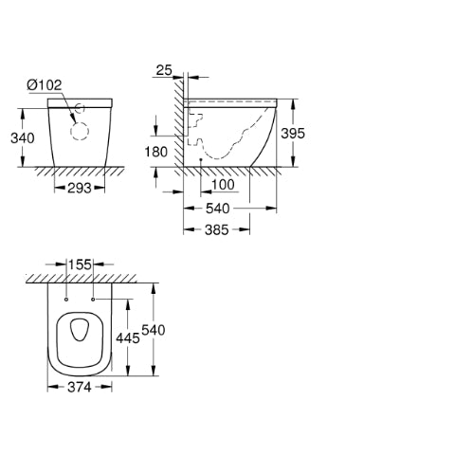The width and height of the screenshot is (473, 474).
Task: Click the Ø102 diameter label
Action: (45, 85)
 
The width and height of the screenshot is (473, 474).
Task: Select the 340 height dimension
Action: (23, 138)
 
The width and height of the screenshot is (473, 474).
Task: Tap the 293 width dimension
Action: (80, 189)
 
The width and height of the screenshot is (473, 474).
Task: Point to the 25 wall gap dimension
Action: (164, 70)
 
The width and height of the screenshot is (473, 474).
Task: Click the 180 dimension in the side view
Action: (155, 152)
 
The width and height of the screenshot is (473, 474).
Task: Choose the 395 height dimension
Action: (293, 134)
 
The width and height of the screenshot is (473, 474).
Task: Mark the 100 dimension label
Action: (223, 185)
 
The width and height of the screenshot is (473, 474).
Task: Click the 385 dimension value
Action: (216, 229)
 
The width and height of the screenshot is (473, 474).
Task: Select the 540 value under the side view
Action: (217, 209)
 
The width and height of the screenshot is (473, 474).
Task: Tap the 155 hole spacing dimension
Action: (80, 264)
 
